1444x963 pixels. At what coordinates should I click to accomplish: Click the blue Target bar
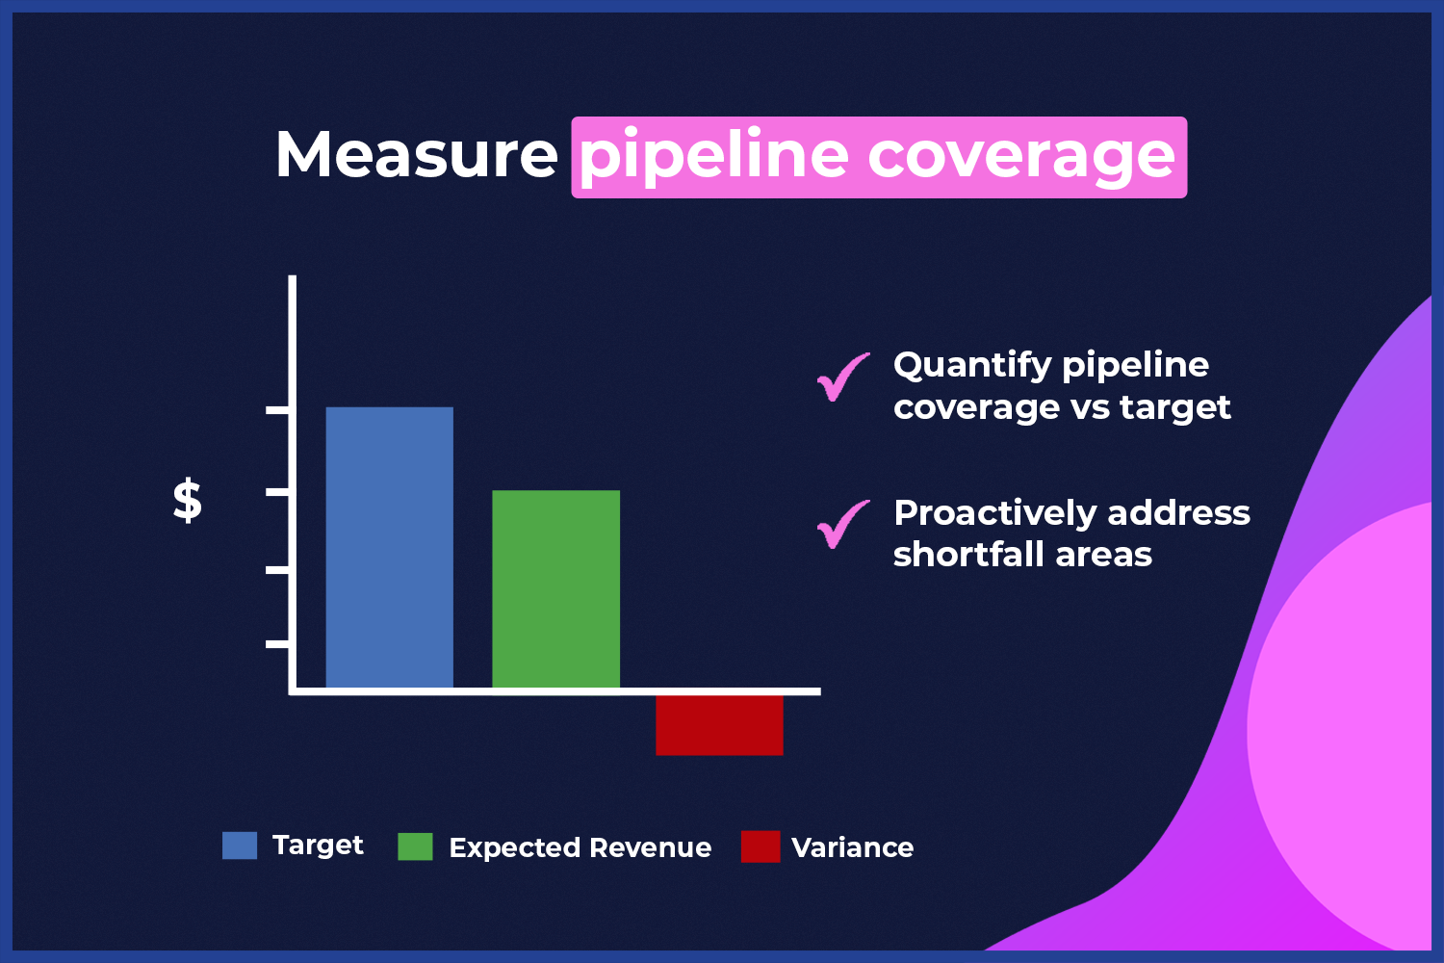point(389,548)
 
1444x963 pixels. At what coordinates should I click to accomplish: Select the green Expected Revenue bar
point(555,589)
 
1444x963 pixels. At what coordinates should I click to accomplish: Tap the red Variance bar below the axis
point(719,725)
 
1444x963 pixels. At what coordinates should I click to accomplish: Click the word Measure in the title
point(417,155)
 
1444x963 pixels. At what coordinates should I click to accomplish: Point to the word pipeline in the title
point(714,158)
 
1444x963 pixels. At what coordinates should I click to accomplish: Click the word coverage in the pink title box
point(1022,160)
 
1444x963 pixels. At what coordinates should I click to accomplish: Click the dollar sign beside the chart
point(188,501)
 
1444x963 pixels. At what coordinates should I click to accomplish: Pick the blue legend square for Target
point(239,845)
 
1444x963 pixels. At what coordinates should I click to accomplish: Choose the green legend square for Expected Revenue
point(415,846)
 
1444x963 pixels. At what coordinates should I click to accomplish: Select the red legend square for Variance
point(761,846)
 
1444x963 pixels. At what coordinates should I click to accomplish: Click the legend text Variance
point(852,847)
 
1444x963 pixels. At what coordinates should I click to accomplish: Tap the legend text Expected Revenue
point(580,847)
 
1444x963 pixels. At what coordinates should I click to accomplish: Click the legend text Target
point(318,846)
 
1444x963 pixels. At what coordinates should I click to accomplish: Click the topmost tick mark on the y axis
point(277,410)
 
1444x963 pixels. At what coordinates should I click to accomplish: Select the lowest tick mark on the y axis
point(277,643)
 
